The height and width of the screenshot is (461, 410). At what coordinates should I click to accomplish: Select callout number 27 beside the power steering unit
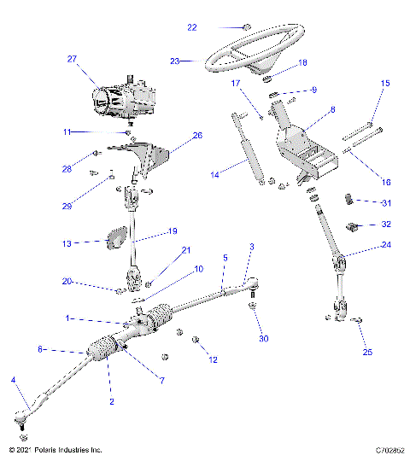[72, 59]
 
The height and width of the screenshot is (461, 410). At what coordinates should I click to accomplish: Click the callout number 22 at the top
[191, 27]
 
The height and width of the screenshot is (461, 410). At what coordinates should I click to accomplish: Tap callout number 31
[387, 202]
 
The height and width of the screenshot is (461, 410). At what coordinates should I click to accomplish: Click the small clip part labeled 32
[351, 226]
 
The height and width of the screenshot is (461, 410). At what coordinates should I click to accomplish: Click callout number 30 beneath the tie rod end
[264, 338]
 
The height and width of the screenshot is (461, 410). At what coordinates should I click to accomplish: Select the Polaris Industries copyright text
[55, 449]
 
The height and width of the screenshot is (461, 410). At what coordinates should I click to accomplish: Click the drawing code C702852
[389, 449]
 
